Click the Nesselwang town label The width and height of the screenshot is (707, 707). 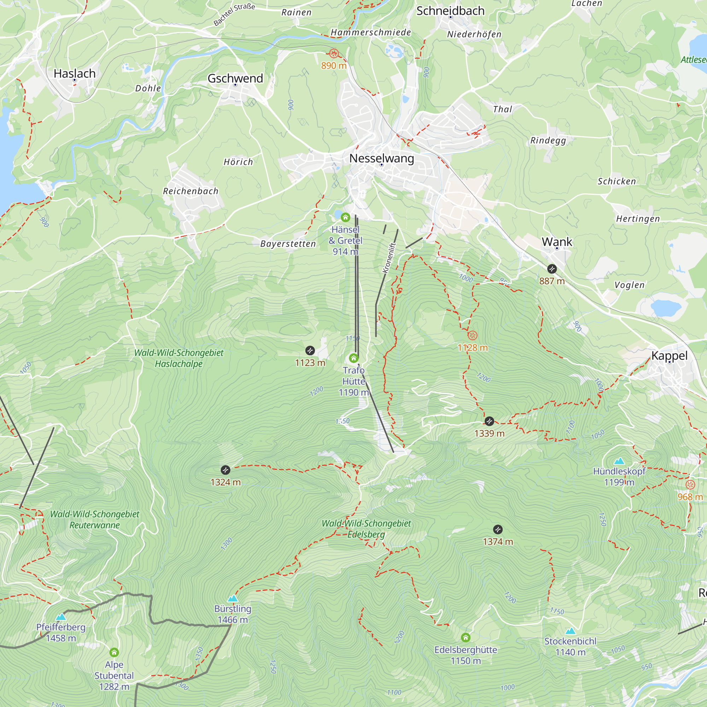click(382, 158)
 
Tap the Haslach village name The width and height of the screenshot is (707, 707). click(74, 74)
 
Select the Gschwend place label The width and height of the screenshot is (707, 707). click(235, 78)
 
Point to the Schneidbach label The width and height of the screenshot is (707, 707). click(450, 11)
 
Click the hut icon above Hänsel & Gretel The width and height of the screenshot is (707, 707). click(345, 218)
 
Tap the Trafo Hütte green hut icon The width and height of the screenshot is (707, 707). click(353, 358)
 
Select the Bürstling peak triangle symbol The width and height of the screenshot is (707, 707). click(233, 599)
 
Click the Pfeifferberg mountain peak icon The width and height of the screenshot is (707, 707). click(61, 617)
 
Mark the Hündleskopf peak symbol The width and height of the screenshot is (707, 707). click(619, 461)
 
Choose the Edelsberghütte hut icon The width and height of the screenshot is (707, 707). click(466, 638)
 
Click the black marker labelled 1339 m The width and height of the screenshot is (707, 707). click(489, 421)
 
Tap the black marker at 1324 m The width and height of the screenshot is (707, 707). click(226, 470)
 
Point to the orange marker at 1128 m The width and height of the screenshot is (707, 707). click(472, 335)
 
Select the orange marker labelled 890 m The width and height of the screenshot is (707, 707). click(333, 54)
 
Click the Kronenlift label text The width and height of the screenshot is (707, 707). click(389, 258)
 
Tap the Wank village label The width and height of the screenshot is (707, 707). click(557, 242)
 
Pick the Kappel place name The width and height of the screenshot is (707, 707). click(669, 356)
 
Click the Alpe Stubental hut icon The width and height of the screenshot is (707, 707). click(114, 653)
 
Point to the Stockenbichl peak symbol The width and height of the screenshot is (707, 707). click(570, 631)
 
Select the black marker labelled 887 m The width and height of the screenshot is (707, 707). click(552, 269)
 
